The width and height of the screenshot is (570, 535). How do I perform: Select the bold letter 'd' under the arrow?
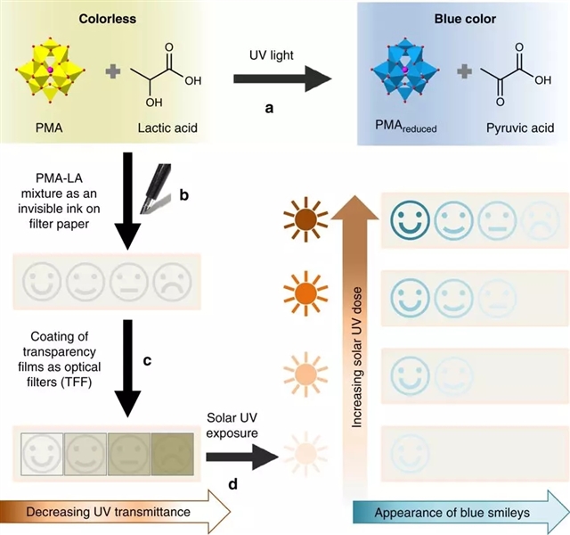pos(234,484)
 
